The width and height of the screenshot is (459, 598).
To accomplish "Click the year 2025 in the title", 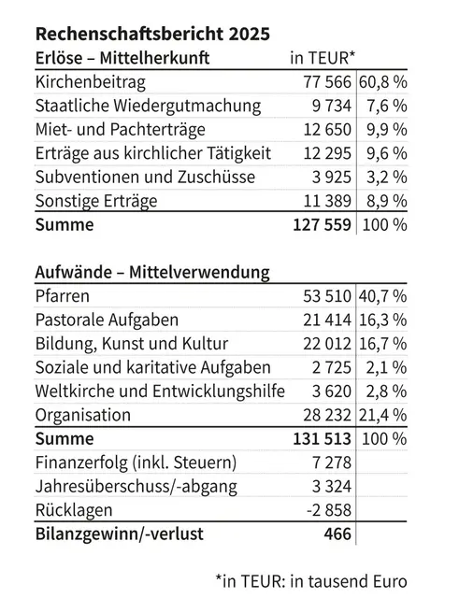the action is pyautogui.click(x=250, y=34).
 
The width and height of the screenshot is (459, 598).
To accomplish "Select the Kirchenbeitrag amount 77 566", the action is pyautogui.click(x=327, y=82).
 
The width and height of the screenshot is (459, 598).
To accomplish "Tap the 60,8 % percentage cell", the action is pyautogui.click(x=382, y=82).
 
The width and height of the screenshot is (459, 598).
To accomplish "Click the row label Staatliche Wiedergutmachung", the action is pyautogui.click(x=148, y=106).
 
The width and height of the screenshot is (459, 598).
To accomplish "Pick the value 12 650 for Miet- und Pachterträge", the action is pyautogui.click(x=327, y=130).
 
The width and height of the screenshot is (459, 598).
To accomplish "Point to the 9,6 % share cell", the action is pyautogui.click(x=387, y=153).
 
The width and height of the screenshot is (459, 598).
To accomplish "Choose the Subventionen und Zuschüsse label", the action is pyautogui.click(x=145, y=177).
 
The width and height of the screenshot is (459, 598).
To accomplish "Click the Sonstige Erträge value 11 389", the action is pyautogui.click(x=327, y=201).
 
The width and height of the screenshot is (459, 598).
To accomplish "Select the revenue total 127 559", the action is pyautogui.click(x=322, y=224).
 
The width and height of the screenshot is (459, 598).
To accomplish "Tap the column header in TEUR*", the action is pyautogui.click(x=323, y=58).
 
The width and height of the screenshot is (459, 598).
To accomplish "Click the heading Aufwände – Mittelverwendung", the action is pyautogui.click(x=152, y=272).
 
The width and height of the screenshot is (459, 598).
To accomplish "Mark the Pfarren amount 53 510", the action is pyautogui.click(x=327, y=296).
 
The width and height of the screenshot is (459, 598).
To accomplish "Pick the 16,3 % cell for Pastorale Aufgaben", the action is pyautogui.click(x=382, y=320).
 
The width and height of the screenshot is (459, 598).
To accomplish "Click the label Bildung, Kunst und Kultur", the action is pyautogui.click(x=132, y=344).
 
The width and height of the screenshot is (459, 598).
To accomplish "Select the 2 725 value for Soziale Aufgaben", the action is pyautogui.click(x=331, y=367).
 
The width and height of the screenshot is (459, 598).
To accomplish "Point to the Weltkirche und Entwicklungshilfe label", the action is pyautogui.click(x=160, y=392).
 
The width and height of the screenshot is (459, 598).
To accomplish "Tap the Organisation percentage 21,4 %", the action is pyautogui.click(x=382, y=415).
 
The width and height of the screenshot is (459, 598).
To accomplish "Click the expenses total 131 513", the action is pyautogui.click(x=322, y=439).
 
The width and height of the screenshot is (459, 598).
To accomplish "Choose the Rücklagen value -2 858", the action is pyautogui.click(x=328, y=510).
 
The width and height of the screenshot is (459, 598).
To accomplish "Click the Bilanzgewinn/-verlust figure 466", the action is pyautogui.click(x=337, y=534).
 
